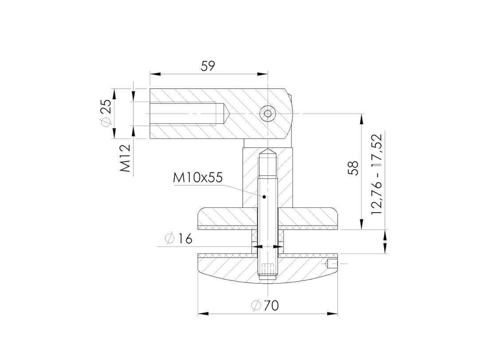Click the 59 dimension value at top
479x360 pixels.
click(208, 66)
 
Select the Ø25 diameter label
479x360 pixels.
click(106, 113)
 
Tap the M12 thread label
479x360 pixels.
click(125, 158)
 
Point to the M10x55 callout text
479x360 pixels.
click(198, 178)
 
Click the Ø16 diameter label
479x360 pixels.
click(178, 238)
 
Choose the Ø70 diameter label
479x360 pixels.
click(264, 305)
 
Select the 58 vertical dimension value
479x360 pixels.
click(354, 168)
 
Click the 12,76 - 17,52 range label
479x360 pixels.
click(377, 174)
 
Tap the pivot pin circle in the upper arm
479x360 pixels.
click(267, 114)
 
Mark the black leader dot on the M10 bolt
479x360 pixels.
click(264, 196)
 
